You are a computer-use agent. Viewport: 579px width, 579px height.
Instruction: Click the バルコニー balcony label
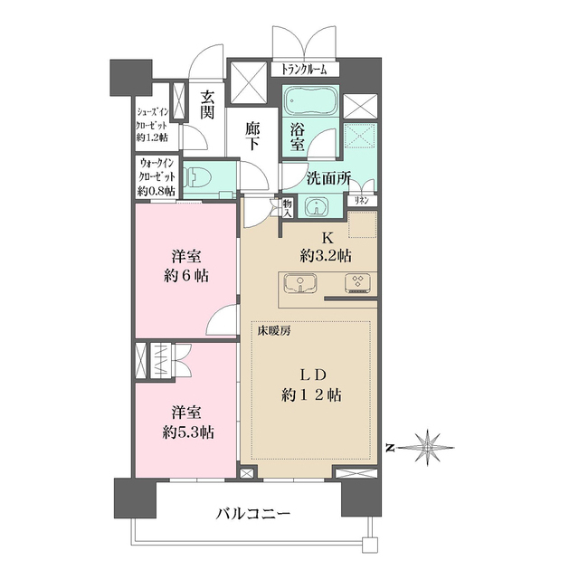[x=252, y=515]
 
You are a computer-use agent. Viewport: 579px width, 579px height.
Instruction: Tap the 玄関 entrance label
[x=207, y=104]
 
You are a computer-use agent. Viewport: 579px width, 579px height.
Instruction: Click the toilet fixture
[x=198, y=177]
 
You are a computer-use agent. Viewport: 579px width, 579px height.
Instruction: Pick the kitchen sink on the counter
[x=299, y=283]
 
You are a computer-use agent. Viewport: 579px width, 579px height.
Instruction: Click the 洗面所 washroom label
[x=327, y=179]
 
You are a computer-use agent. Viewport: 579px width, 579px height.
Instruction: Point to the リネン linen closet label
[x=361, y=200]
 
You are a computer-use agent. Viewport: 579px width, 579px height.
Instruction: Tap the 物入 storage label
[x=287, y=208]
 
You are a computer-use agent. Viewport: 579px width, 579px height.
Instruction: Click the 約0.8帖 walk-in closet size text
[x=156, y=192]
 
